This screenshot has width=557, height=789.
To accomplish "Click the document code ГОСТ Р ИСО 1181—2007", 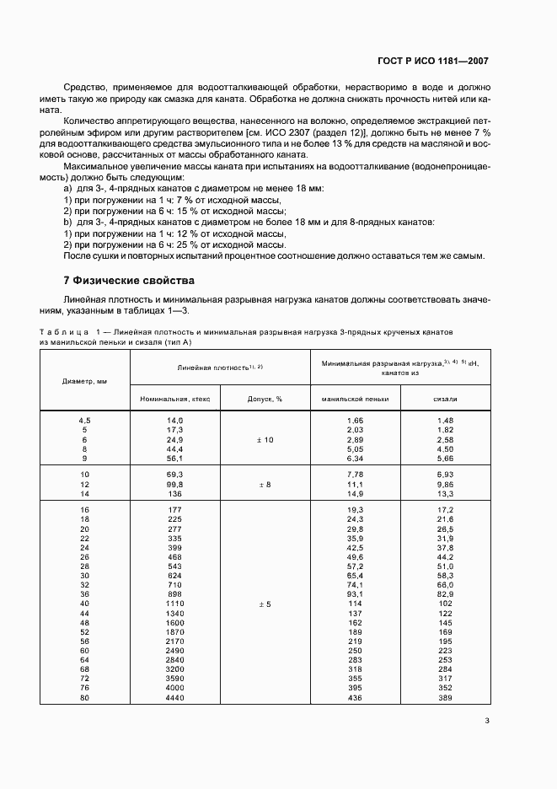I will click(433, 62).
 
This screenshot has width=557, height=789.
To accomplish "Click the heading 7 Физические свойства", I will click(129, 279).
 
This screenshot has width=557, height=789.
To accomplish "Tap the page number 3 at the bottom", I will click(487, 719).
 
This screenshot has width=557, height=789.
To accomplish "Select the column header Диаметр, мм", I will click(84, 380).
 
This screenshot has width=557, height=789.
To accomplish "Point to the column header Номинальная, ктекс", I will click(175, 399).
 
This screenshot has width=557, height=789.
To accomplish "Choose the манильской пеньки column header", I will click(355, 399).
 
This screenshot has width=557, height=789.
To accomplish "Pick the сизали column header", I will click(445, 399).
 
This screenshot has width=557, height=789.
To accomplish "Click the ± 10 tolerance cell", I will click(265, 440).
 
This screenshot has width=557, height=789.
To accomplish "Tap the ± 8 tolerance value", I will click(265, 485).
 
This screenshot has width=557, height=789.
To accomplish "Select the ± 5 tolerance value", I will click(265, 604).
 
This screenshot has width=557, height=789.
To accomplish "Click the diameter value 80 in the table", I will click(84, 697).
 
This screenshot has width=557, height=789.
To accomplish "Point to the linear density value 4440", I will click(175, 697).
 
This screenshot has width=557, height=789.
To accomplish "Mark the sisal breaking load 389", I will click(445, 697).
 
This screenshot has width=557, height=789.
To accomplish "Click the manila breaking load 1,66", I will click(355, 420).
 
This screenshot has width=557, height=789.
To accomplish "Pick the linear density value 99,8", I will click(175, 485).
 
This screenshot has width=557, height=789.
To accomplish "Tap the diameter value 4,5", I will click(84, 420).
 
